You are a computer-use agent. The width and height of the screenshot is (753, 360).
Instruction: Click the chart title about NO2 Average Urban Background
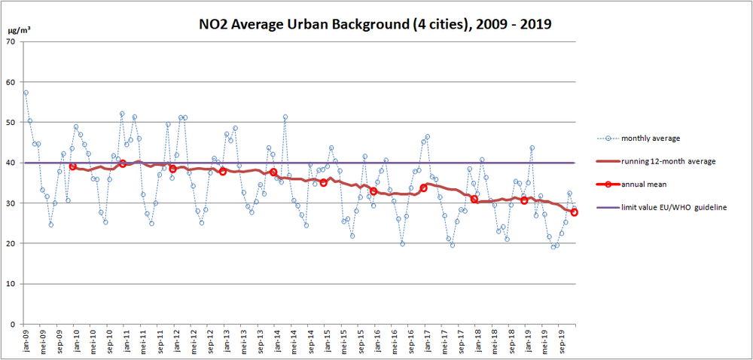click(x=374, y=25)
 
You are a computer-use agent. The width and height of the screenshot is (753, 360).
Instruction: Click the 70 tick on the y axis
click(x=11, y=41)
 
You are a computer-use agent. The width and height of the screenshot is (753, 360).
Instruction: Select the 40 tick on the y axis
click(x=11, y=163)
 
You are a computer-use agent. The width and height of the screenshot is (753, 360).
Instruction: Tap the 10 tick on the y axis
click(x=11, y=284)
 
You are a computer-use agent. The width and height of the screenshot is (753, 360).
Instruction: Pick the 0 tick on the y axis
click(x=14, y=325)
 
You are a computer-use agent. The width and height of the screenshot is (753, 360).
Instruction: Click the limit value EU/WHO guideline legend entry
click(x=674, y=207)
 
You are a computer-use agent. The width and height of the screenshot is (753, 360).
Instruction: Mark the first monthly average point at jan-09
click(x=26, y=93)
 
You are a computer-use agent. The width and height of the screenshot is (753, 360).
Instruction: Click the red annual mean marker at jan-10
click(x=72, y=166)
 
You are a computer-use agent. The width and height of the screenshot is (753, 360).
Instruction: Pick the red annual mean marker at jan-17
click(x=424, y=188)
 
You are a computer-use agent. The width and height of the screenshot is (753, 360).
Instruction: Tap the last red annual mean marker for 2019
click(x=575, y=212)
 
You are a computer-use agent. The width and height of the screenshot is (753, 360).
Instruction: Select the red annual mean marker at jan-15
click(x=324, y=182)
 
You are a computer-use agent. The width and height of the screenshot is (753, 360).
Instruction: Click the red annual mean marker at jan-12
click(x=172, y=169)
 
